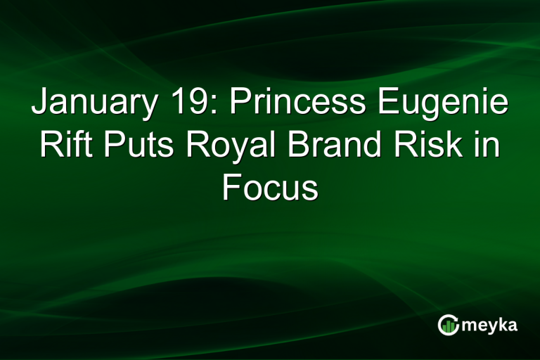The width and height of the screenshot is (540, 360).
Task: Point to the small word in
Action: [487, 147]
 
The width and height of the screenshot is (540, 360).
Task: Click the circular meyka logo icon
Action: [447, 325]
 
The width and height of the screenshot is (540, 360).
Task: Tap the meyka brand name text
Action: [491, 326]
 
